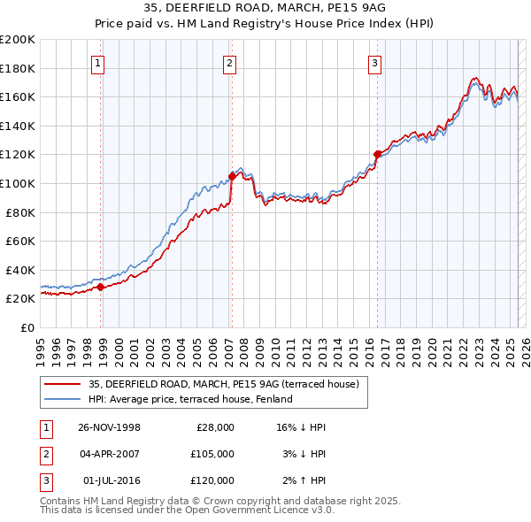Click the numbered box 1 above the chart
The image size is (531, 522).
[x=96, y=63]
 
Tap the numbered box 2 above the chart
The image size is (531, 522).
[x=229, y=63]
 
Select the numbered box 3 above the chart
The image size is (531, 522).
[x=375, y=63]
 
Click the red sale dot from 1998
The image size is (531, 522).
[x=101, y=287]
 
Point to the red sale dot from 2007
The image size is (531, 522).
[x=232, y=175]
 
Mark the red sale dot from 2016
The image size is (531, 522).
[x=377, y=154]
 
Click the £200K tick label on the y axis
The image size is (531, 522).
[x=17, y=40]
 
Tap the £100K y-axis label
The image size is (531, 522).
[x=17, y=183]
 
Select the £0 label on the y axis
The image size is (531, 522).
[x=26, y=327]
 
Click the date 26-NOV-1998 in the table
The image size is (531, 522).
[x=110, y=427]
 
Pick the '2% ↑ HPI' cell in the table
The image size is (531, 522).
[x=303, y=480]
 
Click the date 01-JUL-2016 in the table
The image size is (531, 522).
[x=110, y=480]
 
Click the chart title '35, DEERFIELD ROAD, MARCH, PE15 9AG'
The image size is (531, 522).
[x=265, y=10]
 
